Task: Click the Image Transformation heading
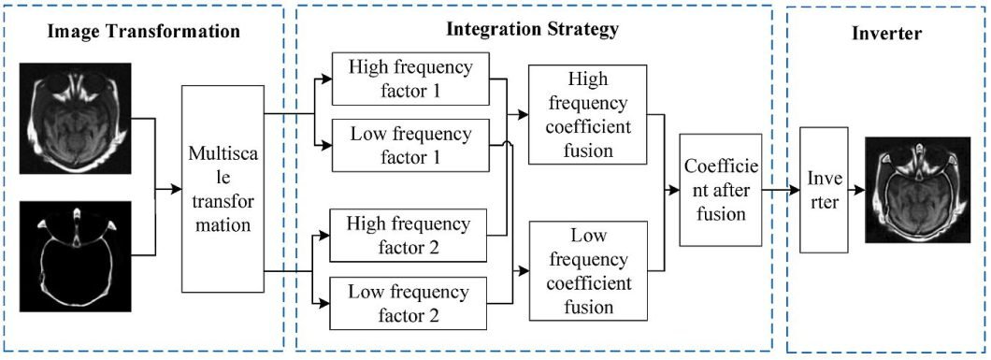coord(144,32)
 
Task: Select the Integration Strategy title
coord(532,29)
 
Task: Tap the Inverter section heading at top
coord(887,34)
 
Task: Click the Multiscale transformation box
coord(221,189)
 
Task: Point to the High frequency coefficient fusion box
coord(588,113)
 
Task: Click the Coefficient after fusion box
coord(714,190)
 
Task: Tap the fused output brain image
coord(911,191)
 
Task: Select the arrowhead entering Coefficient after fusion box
coord(674,191)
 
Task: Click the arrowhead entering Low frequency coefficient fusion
coord(524,271)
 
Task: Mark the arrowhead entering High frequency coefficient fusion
coord(524,113)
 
